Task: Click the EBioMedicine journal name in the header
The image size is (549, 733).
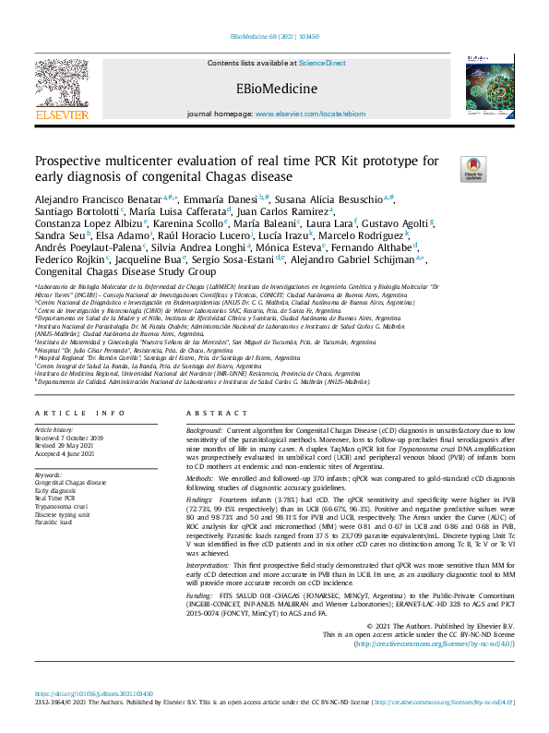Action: point(274,89)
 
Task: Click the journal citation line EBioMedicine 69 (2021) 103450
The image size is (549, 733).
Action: point(274,37)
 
